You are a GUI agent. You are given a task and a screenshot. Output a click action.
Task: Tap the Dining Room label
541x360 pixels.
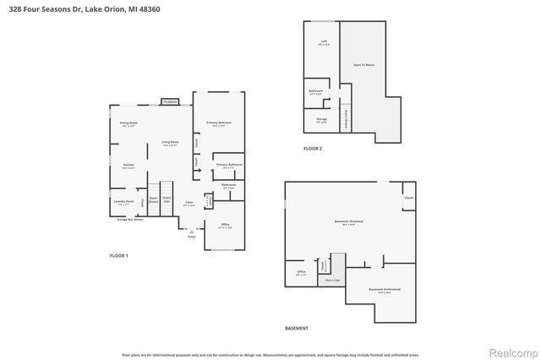(x=128, y=123)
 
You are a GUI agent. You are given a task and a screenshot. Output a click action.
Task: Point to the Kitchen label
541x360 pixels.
(x=128, y=165)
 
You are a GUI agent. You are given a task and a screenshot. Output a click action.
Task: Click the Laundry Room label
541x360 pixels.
(x=123, y=201)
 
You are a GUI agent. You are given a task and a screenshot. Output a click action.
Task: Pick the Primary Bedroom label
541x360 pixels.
(x=219, y=123)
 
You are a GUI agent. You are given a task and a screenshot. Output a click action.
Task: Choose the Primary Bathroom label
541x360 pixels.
(x=229, y=164)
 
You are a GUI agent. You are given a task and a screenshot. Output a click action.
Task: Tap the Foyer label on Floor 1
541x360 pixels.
(x=189, y=204)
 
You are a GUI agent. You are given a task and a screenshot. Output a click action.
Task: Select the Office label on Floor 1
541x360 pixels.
(x=225, y=224)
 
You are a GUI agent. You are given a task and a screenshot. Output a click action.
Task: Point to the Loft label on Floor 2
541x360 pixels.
(x=324, y=41)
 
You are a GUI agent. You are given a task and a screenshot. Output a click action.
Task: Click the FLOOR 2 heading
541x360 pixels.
(x=313, y=148)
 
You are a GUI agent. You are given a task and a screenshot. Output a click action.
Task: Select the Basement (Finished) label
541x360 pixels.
(x=343, y=221)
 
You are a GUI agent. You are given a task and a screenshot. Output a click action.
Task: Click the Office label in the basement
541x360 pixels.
(x=301, y=271)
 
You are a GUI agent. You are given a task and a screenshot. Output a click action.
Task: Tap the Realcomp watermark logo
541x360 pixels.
(x=509, y=346)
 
